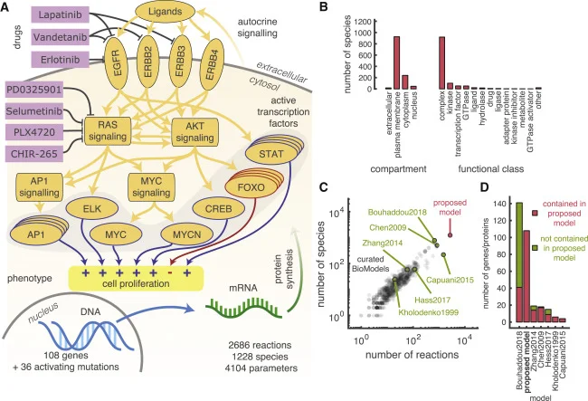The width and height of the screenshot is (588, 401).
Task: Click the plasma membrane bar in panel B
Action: pyautogui.click(x=396, y=62)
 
